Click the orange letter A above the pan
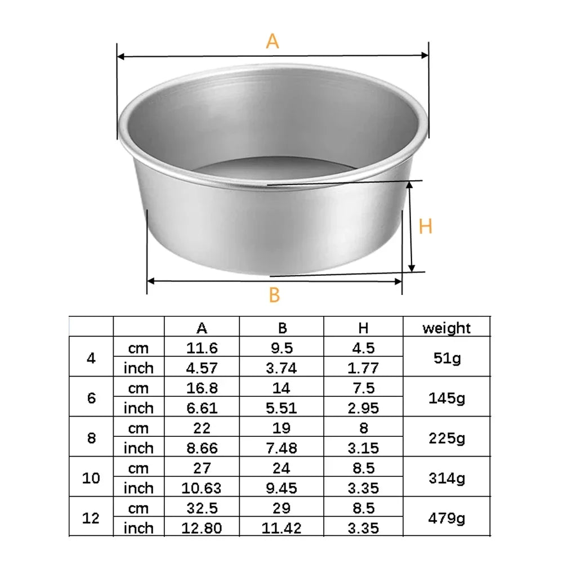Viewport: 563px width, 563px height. click(x=272, y=41)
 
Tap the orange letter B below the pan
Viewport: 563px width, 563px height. click(x=274, y=294)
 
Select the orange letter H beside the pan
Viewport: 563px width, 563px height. click(x=426, y=226)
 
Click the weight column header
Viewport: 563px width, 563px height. click(x=446, y=328)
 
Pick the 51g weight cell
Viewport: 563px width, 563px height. click(x=446, y=358)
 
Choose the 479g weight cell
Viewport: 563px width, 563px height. click(x=446, y=519)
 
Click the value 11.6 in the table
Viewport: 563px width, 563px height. click(x=202, y=348)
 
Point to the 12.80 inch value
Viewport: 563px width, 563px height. click(x=202, y=528)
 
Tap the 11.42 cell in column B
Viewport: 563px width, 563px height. click(x=281, y=528)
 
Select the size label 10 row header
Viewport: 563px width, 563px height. click(x=91, y=478)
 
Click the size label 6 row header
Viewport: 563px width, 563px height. click(x=91, y=397)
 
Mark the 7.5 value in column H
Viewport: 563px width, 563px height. click(x=364, y=388)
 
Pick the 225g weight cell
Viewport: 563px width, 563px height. click(x=446, y=437)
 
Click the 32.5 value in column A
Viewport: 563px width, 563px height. click(x=202, y=508)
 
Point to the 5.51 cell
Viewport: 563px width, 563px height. click(x=281, y=408)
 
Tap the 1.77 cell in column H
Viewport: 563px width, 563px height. click(x=364, y=368)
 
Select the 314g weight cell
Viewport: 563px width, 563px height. click(x=446, y=478)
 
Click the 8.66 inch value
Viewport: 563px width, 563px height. click(x=202, y=448)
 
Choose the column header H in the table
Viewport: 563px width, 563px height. click(x=364, y=328)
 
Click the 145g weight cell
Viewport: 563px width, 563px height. click(x=446, y=397)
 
